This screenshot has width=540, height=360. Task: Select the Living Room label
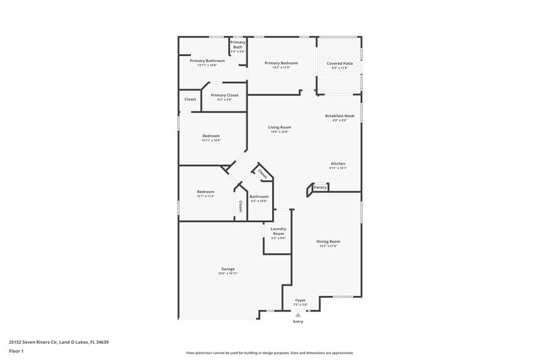click(x=279, y=127)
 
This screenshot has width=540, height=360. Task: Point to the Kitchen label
click(x=338, y=163)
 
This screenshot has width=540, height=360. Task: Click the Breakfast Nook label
click(x=340, y=115)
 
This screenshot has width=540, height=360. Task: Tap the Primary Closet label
click(x=224, y=95)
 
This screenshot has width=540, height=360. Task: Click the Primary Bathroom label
click(x=207, y=61)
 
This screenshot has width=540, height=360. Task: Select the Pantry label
click(x=320, y=187)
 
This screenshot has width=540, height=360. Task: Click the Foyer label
click(x=300, y=300)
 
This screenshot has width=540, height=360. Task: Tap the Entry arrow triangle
click(x=298, y=314)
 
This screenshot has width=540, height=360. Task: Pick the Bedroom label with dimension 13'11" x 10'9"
click(x=211, y=136)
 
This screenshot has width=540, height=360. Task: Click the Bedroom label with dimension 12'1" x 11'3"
click(x=205, y=191)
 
